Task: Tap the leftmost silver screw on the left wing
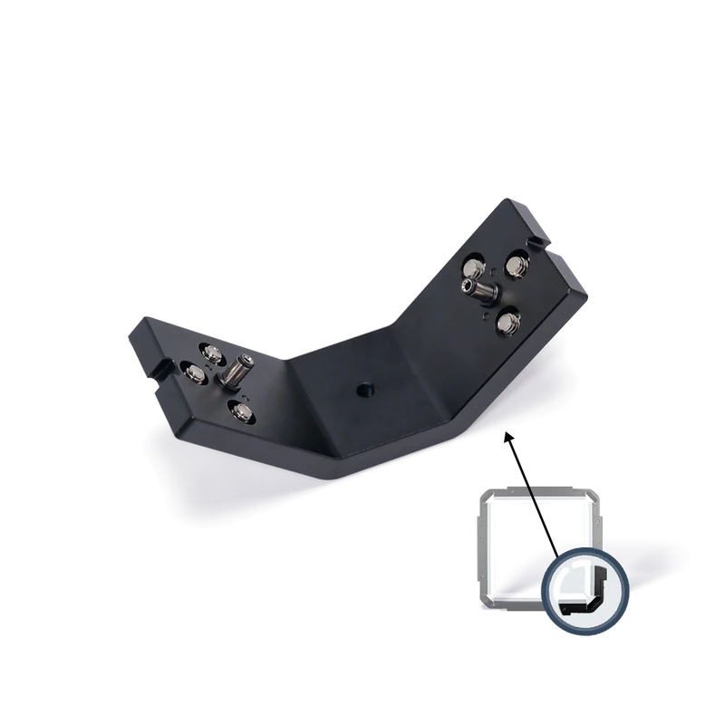click(x=194, y=371)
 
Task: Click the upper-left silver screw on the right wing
click(x=473, y=268)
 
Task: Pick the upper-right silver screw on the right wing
click(x=517, y=266)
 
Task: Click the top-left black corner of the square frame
click(x=485, y=498)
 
